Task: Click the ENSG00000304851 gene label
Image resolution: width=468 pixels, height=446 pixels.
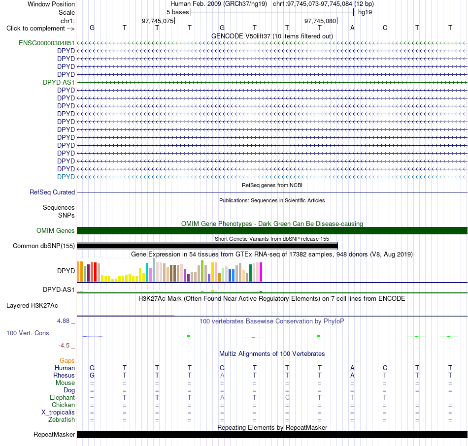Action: pos(47,43)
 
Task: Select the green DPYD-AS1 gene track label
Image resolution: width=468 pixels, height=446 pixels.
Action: pos(59,82)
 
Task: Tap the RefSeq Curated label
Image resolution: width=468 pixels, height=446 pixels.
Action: pos(52,192)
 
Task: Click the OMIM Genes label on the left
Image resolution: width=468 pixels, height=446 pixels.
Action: pos(56,230)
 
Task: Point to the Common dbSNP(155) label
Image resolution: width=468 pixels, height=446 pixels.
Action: pos(44,246)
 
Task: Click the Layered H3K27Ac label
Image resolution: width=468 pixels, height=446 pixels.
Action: pos(32,306)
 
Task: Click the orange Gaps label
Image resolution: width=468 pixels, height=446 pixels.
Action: pos(67,361)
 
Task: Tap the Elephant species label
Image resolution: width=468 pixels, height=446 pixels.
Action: pos(63,397)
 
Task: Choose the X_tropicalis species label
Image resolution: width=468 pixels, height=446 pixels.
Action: pos(58,413)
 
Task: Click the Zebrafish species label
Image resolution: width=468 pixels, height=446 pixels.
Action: pos(62,419)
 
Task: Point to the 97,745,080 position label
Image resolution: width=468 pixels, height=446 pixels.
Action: pos(320,21)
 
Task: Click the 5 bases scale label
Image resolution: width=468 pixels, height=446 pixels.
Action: pos(177,12)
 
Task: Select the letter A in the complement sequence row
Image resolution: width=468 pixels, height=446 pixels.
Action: pos(352,28)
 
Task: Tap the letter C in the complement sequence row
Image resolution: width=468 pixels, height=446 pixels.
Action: pos(385,28)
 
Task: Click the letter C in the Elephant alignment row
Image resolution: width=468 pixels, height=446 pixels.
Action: pos(287,397)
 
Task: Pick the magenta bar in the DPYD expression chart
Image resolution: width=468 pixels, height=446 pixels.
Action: pos(261,272)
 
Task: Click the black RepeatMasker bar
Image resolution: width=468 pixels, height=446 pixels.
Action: pos(272,434)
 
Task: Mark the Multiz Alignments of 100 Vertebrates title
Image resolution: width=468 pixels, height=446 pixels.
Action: pos(272,353)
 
